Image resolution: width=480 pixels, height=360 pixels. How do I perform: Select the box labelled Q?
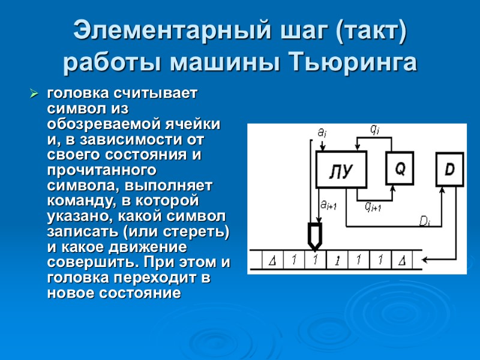(x=399, y=169)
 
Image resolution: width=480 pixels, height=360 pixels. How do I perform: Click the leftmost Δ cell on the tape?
(x=272, y=261)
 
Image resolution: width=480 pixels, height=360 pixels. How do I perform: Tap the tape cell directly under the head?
(x=314, y=261)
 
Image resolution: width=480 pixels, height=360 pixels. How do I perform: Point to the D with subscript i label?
(x=425, y=221)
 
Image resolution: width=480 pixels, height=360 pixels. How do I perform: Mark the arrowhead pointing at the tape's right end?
(x=425, y=260)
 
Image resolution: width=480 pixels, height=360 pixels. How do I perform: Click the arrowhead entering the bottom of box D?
(x=442, y=189)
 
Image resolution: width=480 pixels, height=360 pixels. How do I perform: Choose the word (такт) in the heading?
(x=371, y=32)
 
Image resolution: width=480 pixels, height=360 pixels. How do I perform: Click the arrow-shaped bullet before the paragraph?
(x=34, y=95)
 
